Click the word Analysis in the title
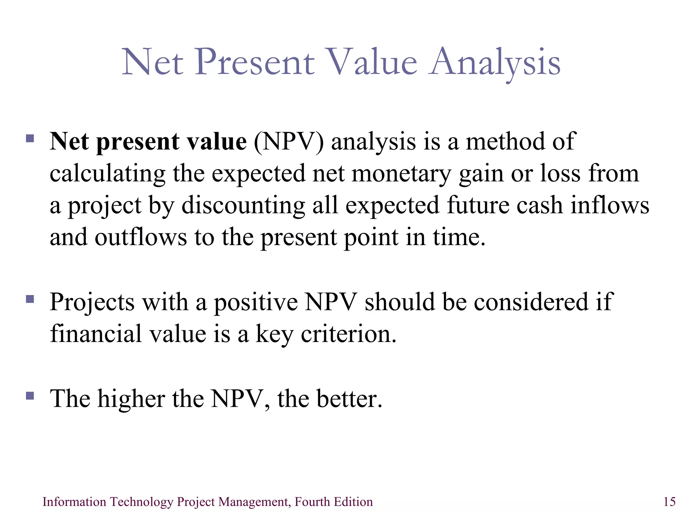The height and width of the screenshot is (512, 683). click(x=495, y=62)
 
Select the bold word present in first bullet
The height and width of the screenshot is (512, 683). click(x=138, y=142)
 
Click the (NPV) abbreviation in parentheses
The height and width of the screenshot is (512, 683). click(x=288, y=142)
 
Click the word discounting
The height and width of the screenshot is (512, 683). click(x=243, y=205)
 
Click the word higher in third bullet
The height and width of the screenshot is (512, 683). click(x=131, y=398)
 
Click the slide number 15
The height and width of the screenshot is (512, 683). click(x=669, y=502)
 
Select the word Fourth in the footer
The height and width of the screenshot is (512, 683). click(x=309, y=502)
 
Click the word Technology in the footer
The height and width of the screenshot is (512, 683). click(x=141, y=502)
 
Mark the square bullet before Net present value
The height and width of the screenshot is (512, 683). click(x=30, y=138)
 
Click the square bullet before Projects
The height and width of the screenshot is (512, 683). click(x=30, y=299)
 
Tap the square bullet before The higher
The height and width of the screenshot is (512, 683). click(x=30, y=396)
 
